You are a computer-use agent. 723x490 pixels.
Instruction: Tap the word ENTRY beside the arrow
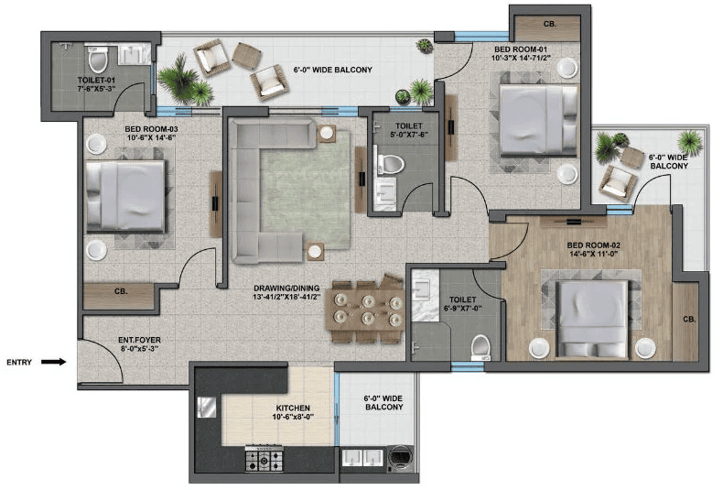(x=19, y=362)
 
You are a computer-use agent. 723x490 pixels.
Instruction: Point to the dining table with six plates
(x=366, y=310)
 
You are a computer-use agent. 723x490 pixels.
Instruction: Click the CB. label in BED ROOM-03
(x=121, y=291)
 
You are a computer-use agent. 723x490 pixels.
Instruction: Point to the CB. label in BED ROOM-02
(x=688, y=320)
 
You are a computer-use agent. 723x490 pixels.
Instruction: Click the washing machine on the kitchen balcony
(x=400, y=455)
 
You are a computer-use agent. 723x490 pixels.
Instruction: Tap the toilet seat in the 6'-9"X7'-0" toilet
(x=479, y=344)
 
